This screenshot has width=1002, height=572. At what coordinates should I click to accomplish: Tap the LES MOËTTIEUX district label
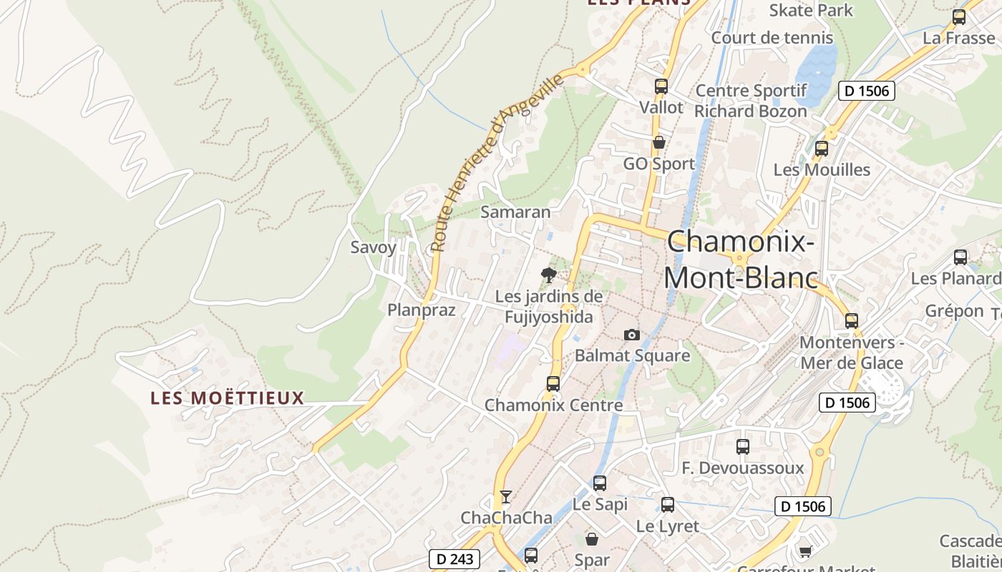click(228, 398)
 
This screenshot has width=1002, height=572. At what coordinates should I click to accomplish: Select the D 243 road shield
click(454, 558)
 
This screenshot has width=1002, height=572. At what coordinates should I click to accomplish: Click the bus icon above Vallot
click(661, 87)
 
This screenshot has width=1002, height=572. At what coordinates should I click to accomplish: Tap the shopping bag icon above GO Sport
click(659, 142)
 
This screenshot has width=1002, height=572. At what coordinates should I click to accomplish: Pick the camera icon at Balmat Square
click(631, 335)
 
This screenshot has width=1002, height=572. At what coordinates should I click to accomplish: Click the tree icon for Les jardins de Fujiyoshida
click(549, 275)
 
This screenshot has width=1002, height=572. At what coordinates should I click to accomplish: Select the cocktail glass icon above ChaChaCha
click(506, 496)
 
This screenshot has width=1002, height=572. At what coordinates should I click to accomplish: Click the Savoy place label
click(373, 247)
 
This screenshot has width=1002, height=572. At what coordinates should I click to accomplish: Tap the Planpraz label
click(421, 310)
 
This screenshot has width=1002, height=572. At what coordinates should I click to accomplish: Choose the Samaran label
click(515, 212)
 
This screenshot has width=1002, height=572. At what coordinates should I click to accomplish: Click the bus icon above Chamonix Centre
click(553, 384)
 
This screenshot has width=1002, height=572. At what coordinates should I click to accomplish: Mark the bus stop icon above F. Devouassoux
click(743, 447)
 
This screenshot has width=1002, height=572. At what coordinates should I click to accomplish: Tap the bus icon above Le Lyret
click(668, 505)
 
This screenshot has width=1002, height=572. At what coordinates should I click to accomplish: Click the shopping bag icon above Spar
click(592, 538)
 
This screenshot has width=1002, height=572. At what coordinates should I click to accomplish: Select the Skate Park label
click(811, 10)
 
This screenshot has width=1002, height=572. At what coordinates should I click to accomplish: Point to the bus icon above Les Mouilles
click(822, 149)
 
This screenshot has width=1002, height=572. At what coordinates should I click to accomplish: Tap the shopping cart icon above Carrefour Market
click(805, 551)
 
